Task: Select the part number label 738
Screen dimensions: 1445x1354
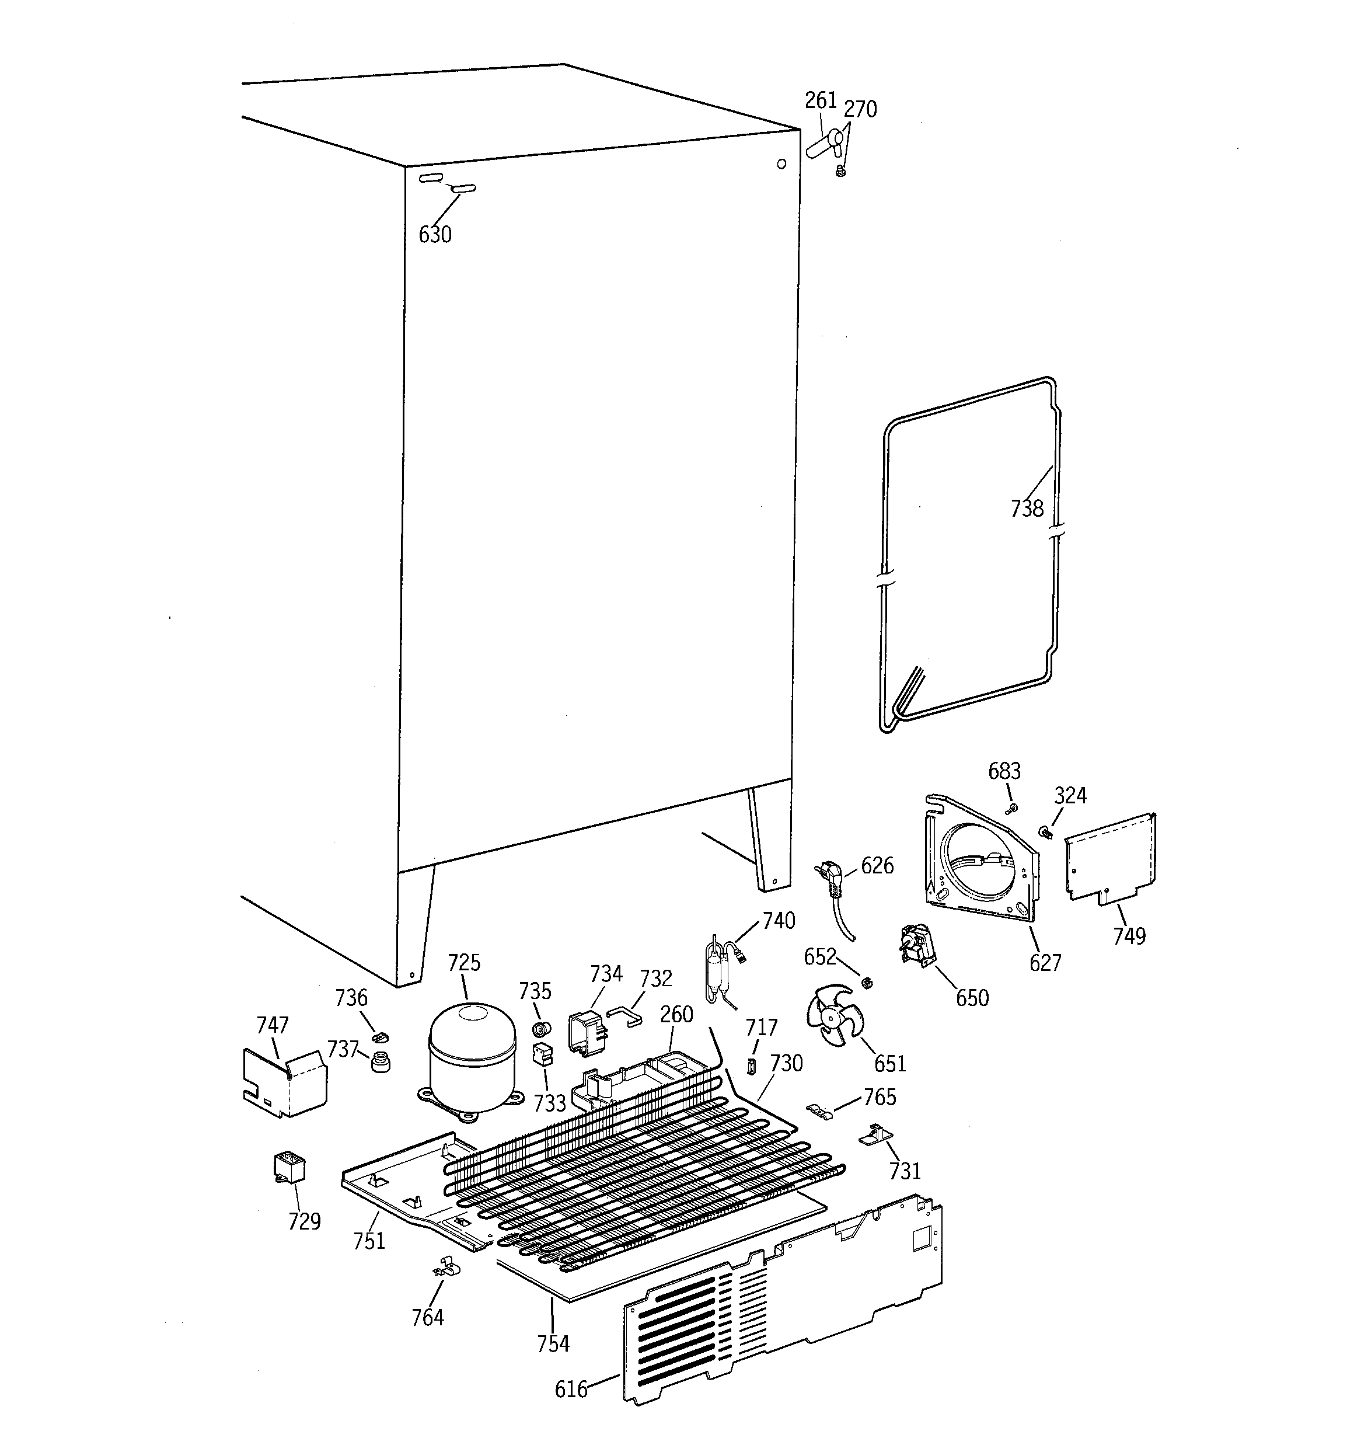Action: point(1026,508)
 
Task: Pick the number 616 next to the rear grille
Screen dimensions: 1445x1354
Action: point(571,1389)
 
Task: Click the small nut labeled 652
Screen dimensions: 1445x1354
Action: point(866,983)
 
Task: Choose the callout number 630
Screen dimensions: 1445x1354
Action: point(435,235)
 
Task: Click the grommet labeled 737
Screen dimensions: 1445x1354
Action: point(379,1061)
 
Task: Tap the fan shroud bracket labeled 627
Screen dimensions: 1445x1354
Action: point(981,865)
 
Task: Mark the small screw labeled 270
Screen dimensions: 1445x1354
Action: point(842,172)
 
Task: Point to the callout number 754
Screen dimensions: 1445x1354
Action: point(553,1344)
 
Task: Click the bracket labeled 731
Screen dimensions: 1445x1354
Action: point(876,1134)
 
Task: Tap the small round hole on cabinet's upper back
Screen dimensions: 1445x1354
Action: point(781,164)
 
